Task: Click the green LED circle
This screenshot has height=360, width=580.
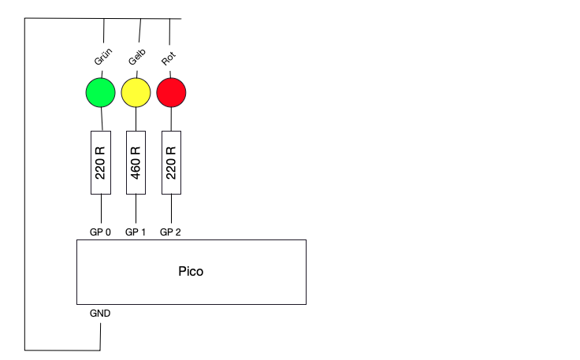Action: (x=100, y=92)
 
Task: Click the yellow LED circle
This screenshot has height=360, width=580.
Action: (x=136, y=92)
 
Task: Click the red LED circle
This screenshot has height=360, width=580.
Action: (x=172, y=92)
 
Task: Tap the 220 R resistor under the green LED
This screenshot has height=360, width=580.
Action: (x=100, y=162)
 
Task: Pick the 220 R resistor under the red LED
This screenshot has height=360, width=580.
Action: (x=172, y=162)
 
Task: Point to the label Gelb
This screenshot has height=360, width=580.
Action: (x=138, y=58)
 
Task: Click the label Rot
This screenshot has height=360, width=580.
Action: (x=169, y=58)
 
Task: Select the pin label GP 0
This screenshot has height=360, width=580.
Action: (x=101, y=232)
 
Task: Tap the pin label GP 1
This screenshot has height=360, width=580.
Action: (x=136, y=232)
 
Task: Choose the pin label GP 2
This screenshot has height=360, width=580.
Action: (x=170, y=232)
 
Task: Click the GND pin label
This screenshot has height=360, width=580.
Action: (x=100, y=313)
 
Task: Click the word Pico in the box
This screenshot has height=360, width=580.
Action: (x=191, y=271)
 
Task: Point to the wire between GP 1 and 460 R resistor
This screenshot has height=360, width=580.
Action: (x=136, y=210)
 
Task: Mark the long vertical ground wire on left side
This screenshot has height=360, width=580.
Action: (x=25, y=181)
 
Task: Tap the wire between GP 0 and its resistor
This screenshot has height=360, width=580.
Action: (x=101, y=210)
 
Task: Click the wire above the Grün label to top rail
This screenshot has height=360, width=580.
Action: (x=103, y=32)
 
